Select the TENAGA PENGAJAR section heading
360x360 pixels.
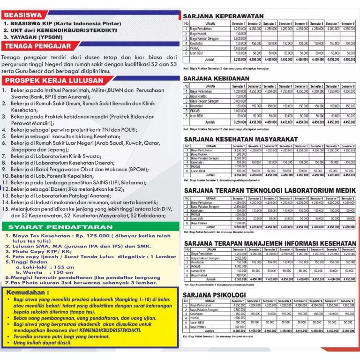click(x=37, y=46)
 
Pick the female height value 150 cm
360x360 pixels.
click(x=63, y=272)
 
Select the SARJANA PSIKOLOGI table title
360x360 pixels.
click(x=214, y=294)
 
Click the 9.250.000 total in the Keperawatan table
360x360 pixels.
click(x=239, y=60)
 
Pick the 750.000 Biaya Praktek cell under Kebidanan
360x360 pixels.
click(x=240, y=96)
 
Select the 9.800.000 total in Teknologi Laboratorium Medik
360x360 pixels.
click(x=240, y=226)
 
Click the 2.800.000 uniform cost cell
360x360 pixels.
click(x=240, y=206)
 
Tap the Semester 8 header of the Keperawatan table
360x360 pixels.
click(x=348, y=23)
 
